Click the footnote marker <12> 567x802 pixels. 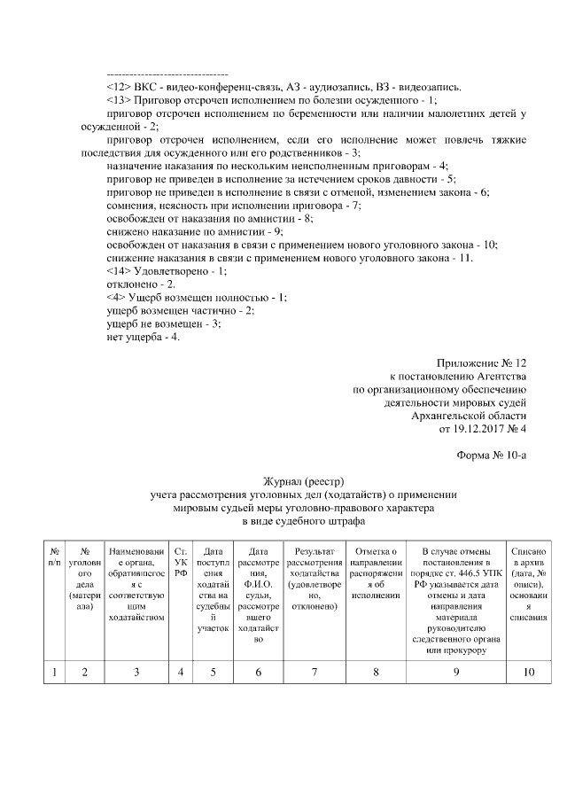[x=119, y=87]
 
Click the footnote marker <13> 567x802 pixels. [x=119, y=100]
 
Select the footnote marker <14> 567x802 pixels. [x=119, y=270]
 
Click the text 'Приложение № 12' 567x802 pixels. [x=482, y=364]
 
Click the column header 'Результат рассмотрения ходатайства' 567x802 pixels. [x=315, y=563]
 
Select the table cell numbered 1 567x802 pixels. [x=55, y=672]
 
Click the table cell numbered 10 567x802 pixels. [x=529, y=672]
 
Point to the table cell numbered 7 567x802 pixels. [x=315, y=672]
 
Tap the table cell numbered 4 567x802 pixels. [x=181, y=672]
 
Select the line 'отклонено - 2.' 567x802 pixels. [x=141, y=284]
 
